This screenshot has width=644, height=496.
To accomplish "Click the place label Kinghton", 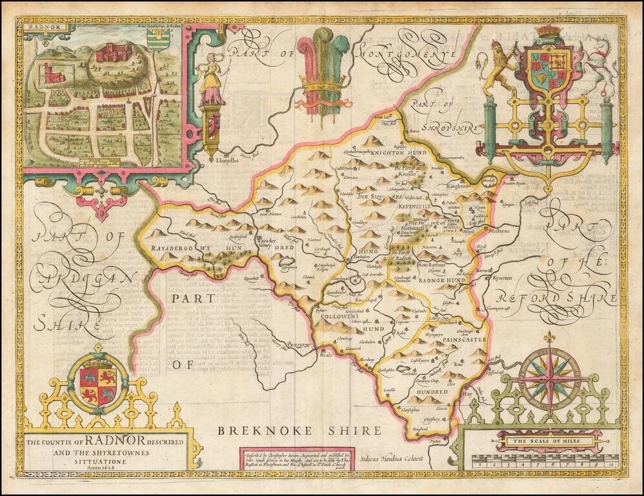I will point(459,186).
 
